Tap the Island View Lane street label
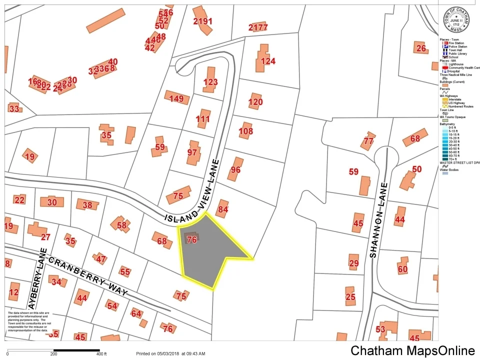tap(193, 216)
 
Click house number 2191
tap(202, 21)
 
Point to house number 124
tap(268, 61)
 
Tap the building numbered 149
tap(176, 98)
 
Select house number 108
tap(245, 131)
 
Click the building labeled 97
tap(192, 152)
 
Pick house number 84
tap(223, 209)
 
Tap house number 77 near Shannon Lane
tap(368, 141)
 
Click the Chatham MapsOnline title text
tap(412, 350)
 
